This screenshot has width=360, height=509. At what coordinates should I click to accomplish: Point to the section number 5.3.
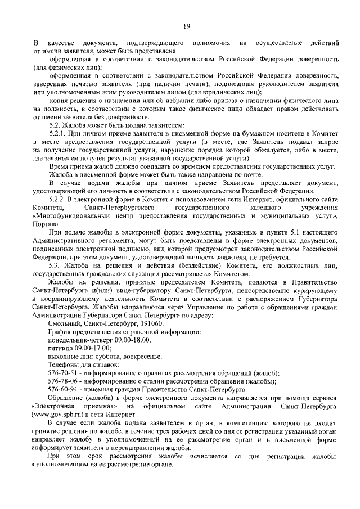(x=55, y=264)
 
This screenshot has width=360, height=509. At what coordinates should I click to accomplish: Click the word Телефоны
(x=65, y=365)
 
